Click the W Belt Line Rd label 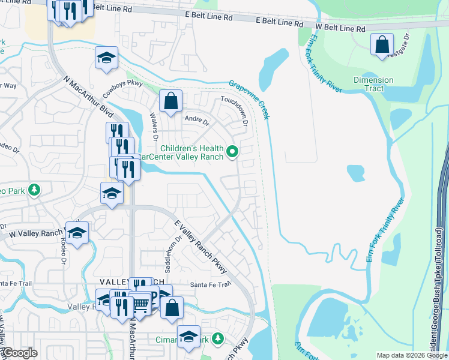(x=340, y=28)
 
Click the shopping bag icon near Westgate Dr (x=382, y=44)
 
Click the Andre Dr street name (x=196, y=120)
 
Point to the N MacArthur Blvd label (x=88, y=95)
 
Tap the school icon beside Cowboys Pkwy (x=106, y=58)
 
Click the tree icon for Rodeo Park (x=35, y=190)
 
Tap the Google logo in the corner (x=20, y=353)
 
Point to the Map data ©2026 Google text (x=411, y=355)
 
